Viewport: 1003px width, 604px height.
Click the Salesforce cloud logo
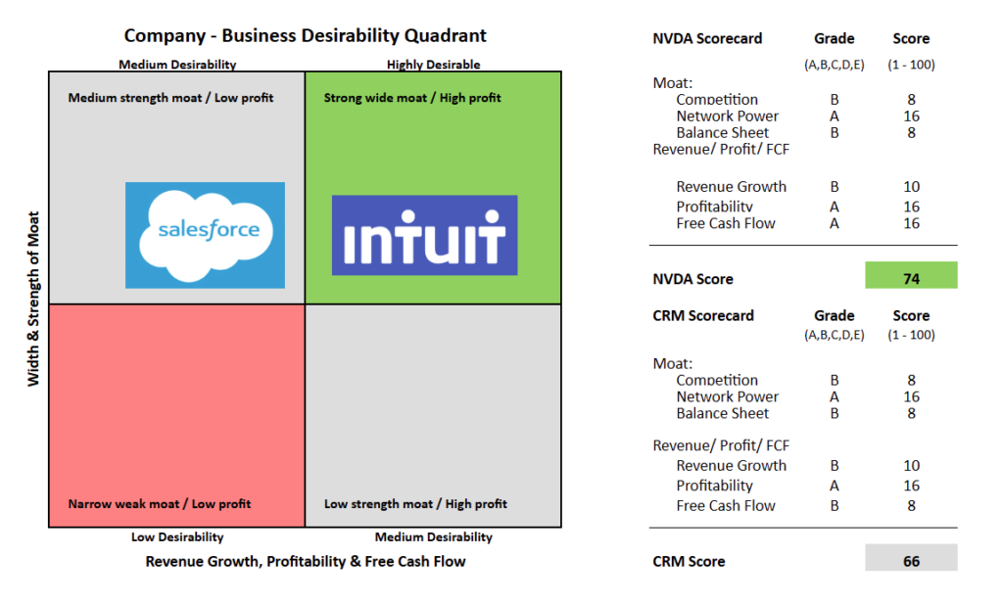coord(205,234)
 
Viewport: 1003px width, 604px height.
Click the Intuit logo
coord(424,235)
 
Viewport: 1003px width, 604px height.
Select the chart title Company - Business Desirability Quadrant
coord(305,36)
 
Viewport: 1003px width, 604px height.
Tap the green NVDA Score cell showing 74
coord(911,277)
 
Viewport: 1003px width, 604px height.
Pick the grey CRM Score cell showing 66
coord(911,561)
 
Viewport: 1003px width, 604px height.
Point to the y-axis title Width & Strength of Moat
coord(33,299)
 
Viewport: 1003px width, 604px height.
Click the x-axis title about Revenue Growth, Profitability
coord(305,561)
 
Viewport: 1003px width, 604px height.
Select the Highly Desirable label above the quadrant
coord(433,65)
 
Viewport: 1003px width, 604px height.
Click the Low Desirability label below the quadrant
coord(177,536)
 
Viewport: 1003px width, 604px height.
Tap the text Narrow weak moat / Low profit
coord(159,504)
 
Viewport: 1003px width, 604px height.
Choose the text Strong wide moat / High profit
coord(412,98)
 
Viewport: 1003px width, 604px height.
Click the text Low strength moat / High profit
coord(415,504)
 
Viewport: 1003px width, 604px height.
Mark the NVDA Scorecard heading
coord(707,39)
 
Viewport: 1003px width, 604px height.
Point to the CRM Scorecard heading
coord(703,316)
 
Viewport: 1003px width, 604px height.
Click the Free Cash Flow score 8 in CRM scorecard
coord(911,506)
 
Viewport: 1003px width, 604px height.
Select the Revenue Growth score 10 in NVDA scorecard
coord(911,187)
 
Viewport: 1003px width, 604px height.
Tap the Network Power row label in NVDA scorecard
coord(727,116)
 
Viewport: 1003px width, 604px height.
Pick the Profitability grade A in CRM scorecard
coord(834,486)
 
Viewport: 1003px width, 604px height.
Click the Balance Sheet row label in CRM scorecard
coord(722,413)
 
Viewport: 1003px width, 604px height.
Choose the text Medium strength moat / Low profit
coord(170,98)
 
